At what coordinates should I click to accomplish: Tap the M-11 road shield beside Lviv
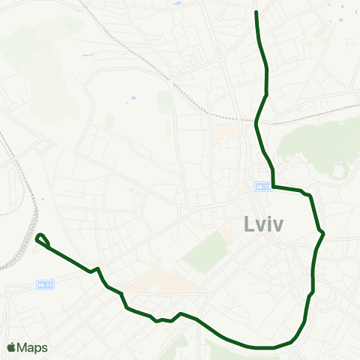click(x=262, y=187)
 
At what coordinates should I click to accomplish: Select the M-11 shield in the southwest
click(x=46, y=286)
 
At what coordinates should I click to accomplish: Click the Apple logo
click(x=11, y=347)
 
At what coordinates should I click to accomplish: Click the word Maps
click(x=33, y=347)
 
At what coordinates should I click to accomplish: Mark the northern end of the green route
click(x=256, y=12)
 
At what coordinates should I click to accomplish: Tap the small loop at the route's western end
click(x=42, y=240)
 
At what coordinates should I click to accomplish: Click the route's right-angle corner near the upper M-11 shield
click(x=272, y=187)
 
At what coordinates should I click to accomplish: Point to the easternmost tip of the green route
click(x=323, y=233)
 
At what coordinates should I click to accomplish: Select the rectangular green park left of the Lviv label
click(x=205, y=251)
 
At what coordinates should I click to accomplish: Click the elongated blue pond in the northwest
click(x=89, y=55)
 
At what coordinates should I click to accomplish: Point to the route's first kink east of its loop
click(x=98, y=268)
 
